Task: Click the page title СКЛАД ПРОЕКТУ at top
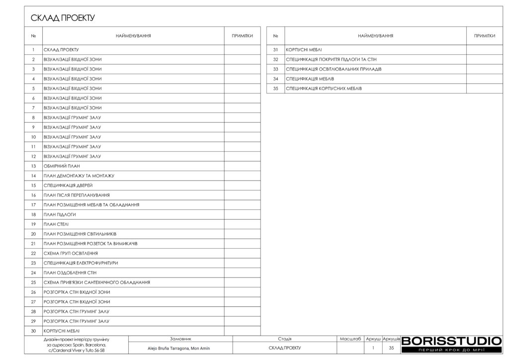pyautogui.click(x=63, y=18)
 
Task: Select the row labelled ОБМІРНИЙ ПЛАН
pyautogui.click(x=62, y=166)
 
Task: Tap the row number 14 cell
pyautogui.click(x=33, y=176)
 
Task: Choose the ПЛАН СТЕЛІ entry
pyautogui.click(x=56, y=224)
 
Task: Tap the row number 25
pyautogui.click(x=33, y=282)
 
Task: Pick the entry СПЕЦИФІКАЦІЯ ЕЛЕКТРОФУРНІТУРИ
pyautogui.click(x=81, y=263)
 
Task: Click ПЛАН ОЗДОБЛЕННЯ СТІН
pyautogui.click(x=70, y=272)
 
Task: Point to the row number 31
pyautogui.click(x=275, y=50)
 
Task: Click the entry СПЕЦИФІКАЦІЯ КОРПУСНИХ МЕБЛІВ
pyautogui.click(x=324, y=89)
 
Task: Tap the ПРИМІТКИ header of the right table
pyautogui.click(x=484, y=36)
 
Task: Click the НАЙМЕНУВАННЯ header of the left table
pyautogui.click(x=133, y=36)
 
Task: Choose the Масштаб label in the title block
pyautogui.click(x=350, y=339)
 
